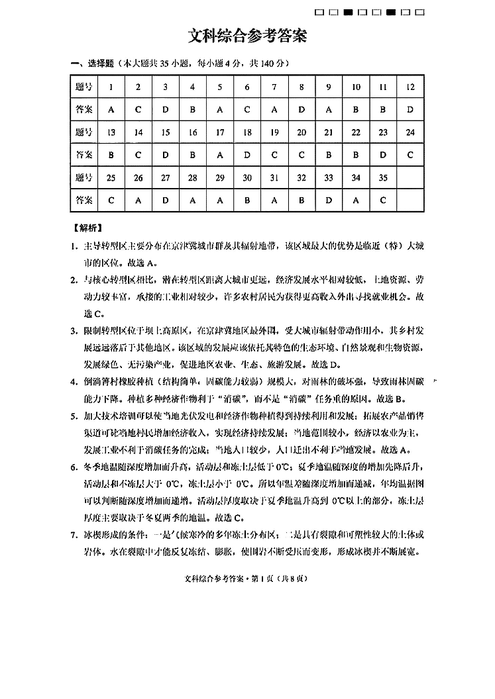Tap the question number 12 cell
[x=410, y=87]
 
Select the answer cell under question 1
[x=111, y=109]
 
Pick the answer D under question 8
[x=302, y=109]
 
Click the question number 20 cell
[x=302, y=132]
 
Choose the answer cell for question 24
[x=410, y=155]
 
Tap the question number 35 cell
[x=383, y=177]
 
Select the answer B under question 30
[x=247, y=200]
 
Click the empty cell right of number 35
[x=410, y=177]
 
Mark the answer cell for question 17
[x=220, y=155]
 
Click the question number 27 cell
[x=166, y=177]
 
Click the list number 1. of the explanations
[x=75, y=246]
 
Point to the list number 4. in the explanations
[x=75, y=382]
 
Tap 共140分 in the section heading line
[x=270, y=64]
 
